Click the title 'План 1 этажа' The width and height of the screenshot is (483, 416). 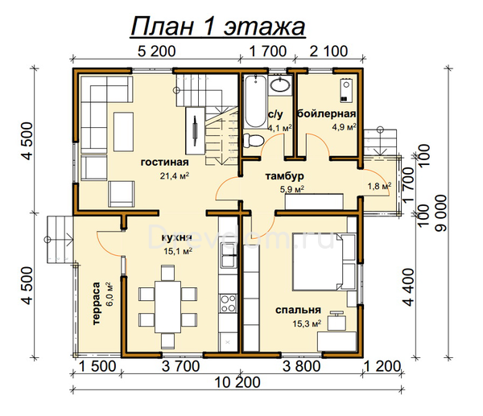tap(218, 27)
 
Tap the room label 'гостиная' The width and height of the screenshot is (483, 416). tap(164, 162)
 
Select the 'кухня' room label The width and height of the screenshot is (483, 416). tap(176, 237)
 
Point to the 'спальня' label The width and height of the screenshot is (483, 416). tap(298, 310)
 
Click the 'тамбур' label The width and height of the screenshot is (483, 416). tap(284, 176)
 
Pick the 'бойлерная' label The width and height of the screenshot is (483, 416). tap(327, 113)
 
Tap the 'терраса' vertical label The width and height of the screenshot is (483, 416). tap(97, 303)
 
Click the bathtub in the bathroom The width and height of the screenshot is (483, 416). tap(255, 101)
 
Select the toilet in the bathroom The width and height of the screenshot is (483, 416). tap(254, 141)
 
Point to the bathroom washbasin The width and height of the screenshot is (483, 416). tap(280, 85)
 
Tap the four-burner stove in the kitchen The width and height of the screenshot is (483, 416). tap(229, 303)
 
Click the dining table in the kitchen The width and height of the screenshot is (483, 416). tap(167, 307)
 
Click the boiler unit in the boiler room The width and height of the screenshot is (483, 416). tap(346, 90)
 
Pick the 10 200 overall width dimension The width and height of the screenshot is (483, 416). tap(237, 382)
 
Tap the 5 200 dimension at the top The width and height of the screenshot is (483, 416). tap(156, 51)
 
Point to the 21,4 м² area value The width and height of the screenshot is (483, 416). tap(175, 176)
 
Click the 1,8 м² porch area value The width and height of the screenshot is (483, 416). tap(379, 186)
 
